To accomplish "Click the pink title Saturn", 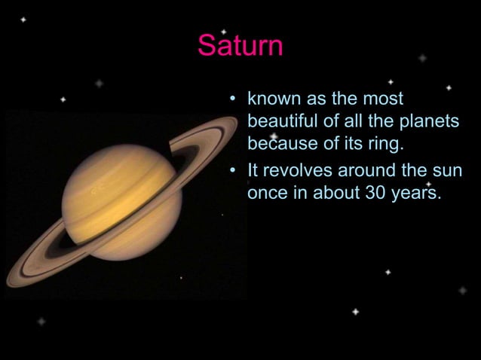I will click(240, 46).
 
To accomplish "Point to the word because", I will click(280, 142).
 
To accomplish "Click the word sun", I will click(446, 171).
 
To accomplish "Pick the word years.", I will click(415, 193).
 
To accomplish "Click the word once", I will click(268, 193).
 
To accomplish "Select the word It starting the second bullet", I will click(253, 171).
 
